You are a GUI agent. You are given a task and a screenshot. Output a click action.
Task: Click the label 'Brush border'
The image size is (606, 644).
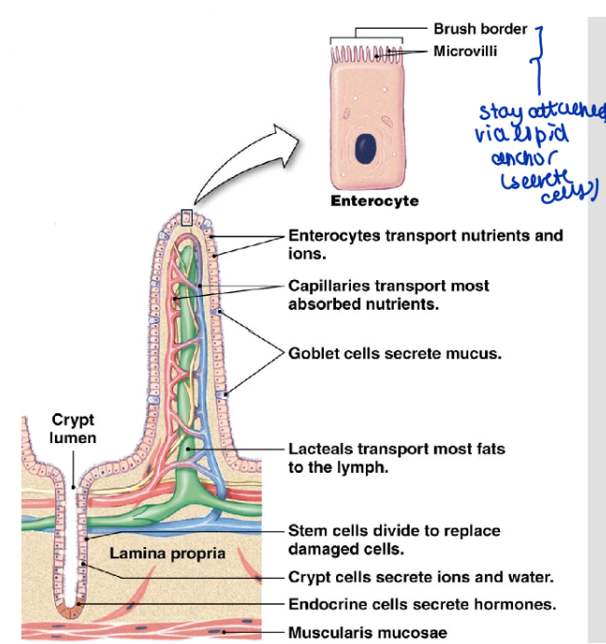(x=480, y=29)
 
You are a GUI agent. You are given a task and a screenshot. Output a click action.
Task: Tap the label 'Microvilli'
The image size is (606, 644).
(x=465, y=51)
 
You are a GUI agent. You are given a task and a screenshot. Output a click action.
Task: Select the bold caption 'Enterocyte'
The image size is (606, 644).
(x=375, y=201)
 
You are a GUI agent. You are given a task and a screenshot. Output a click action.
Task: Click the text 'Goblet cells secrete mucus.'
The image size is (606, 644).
(x=396, y=354)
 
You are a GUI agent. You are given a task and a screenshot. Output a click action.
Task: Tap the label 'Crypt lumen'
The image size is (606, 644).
(x=73, y=429)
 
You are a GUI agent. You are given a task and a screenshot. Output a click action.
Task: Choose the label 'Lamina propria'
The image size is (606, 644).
(x=168, y=553)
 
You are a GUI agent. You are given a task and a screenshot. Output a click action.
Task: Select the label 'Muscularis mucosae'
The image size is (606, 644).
(x=368, y=633)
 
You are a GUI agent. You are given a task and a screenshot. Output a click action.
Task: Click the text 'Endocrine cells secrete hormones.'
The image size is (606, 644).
(x=422, y=604)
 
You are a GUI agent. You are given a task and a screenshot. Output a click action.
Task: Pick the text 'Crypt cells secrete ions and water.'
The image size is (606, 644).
(x=422, y=577)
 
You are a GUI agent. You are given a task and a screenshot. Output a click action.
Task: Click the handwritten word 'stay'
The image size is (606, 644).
(x=498, y=113)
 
